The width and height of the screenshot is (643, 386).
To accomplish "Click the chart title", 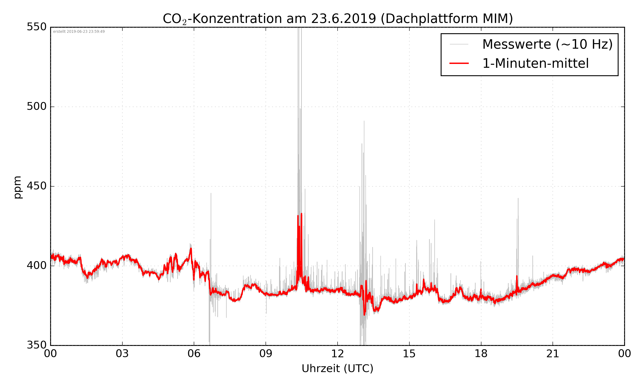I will [x=338, y=19].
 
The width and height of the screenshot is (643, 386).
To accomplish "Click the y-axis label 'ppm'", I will [x=17, y=187].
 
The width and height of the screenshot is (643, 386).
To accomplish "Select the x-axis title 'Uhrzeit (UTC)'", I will [x=337, y=369].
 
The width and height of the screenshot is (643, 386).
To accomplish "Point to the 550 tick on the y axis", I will [x=37, y=27].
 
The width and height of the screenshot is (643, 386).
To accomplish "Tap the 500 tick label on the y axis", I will [x=37, y=106].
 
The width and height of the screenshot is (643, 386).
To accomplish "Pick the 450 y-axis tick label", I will [x=37, y=186].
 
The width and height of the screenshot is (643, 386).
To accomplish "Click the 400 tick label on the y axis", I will [x=37, y=265].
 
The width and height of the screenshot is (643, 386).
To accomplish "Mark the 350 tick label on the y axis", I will [x=37, y=345].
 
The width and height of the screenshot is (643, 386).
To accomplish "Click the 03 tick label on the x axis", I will [x=122, y=354].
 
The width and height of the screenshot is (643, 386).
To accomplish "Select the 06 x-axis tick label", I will [x=194, y=354].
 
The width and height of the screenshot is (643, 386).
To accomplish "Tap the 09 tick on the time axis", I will [x=266, y=354].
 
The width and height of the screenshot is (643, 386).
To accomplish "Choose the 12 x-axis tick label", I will [x=337, y=354].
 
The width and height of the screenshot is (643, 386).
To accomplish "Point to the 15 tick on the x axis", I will [x=409, y=354].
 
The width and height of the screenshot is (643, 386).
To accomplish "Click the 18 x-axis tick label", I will [x=481, y=354].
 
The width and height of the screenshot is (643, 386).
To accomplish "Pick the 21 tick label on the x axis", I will [x=553, y=354].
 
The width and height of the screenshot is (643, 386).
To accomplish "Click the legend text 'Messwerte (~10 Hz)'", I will [x=547, y=44].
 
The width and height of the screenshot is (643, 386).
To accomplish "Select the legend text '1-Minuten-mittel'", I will [x=535, y=63].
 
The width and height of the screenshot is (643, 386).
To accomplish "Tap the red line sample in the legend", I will [x=459, y=63].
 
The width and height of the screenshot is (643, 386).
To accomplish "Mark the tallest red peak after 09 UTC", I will [x=302, y=214].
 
